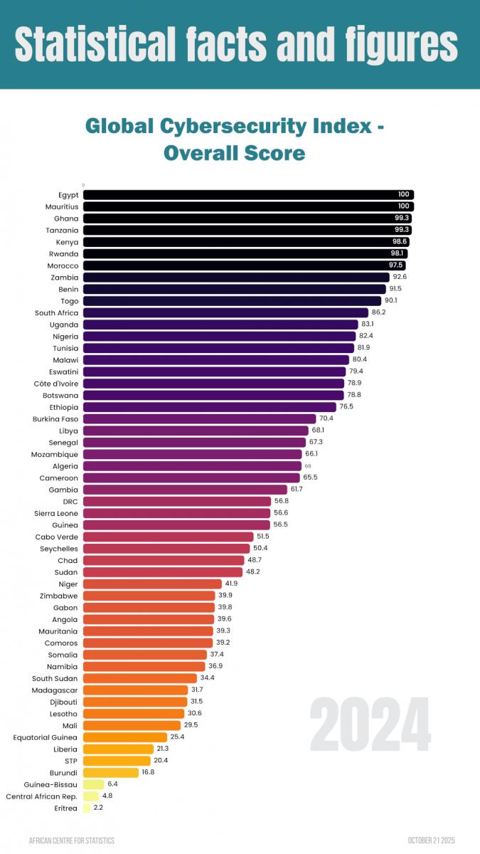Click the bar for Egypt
point(247,195)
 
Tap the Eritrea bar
point(87,808)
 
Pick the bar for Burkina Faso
point(199,418)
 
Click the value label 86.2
point(378,312)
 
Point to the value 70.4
point(326,418)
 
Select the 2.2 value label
point(98,808)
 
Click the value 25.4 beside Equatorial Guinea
point(177,737)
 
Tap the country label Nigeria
point(65,336)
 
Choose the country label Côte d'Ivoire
point(55,383)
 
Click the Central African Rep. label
point(41,796)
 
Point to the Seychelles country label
point(59,548)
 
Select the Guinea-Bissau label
point(50,784)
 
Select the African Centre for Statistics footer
point(71,840)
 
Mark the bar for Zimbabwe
point(149,595)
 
